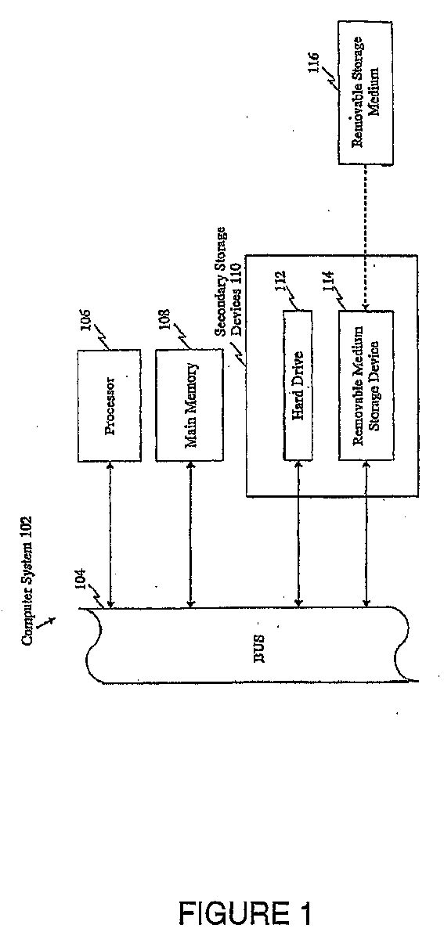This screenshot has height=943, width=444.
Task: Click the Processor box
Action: click(109, 405)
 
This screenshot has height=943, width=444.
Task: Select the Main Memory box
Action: click(190, 405)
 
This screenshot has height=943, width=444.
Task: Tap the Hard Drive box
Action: click(298, 385)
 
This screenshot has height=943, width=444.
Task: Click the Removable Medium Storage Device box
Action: click(366, 385)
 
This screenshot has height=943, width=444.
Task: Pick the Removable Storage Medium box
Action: click(366, 92)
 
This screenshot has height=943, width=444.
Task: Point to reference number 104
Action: click(81, 581)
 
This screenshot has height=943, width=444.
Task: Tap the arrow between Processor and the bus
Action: click(110, 534)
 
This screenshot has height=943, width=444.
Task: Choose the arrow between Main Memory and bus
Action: click(191, 534)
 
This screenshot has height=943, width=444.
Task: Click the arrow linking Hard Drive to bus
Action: click(298, 534)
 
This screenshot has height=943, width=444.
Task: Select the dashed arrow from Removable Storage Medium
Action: click(365, 238)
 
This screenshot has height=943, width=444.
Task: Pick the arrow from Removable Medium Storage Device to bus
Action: click(366, 534)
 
